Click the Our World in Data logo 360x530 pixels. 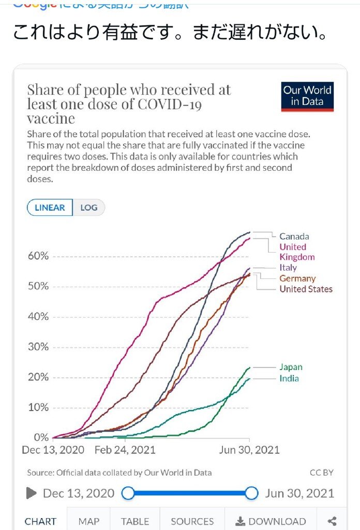[307, 96]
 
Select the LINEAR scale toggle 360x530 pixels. [50, 208]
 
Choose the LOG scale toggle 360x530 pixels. [88, 208]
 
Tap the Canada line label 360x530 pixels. [294, 237]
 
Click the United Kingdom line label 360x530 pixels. [297, 252]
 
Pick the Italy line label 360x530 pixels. [288, 268]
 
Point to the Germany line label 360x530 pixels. [297, 278]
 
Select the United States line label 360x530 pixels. [306, 289]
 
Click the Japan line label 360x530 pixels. [291, 367]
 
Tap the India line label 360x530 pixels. [289, 378]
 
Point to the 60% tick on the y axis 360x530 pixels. [38, 256]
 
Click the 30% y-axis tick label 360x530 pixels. [38, 347]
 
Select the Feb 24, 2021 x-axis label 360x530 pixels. [125, 449]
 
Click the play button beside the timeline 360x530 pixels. [32, 493]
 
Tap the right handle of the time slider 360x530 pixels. [251, 493]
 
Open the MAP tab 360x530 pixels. [88, 521]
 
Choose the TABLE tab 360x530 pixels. [136, 521]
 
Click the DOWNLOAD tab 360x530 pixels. [271, 521]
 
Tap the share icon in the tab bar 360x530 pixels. [333, 521]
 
